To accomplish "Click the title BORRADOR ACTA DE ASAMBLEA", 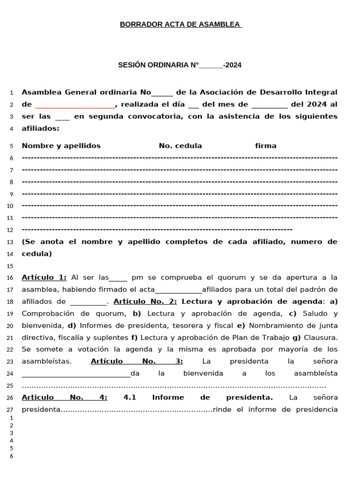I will click(x=180, y=24).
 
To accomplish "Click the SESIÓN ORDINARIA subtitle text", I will click(x=180, y=65).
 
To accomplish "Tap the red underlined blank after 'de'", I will click(x=75, y=105).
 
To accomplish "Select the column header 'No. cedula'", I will click(x=180, y=146).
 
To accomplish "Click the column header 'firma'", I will click(x=266, y=146).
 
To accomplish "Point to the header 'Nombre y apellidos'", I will click(x=61, y=146).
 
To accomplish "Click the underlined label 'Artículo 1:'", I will click(x=44, y=277).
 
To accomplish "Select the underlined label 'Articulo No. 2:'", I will click(x=145, y=301).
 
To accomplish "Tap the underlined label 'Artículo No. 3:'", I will click(x=136, y=361).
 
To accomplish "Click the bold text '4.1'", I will click(x=129, y=397).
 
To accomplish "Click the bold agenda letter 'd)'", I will click(x=72, y=325).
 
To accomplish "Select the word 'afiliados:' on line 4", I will click(x=41, y=128).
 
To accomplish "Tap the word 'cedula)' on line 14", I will click(x=37, y=254).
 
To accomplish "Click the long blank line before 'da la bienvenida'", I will click(x=76, y=374).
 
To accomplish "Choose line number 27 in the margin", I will click(x=10, y=410).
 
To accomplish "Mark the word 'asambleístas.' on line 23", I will click(x=47, y=361).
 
